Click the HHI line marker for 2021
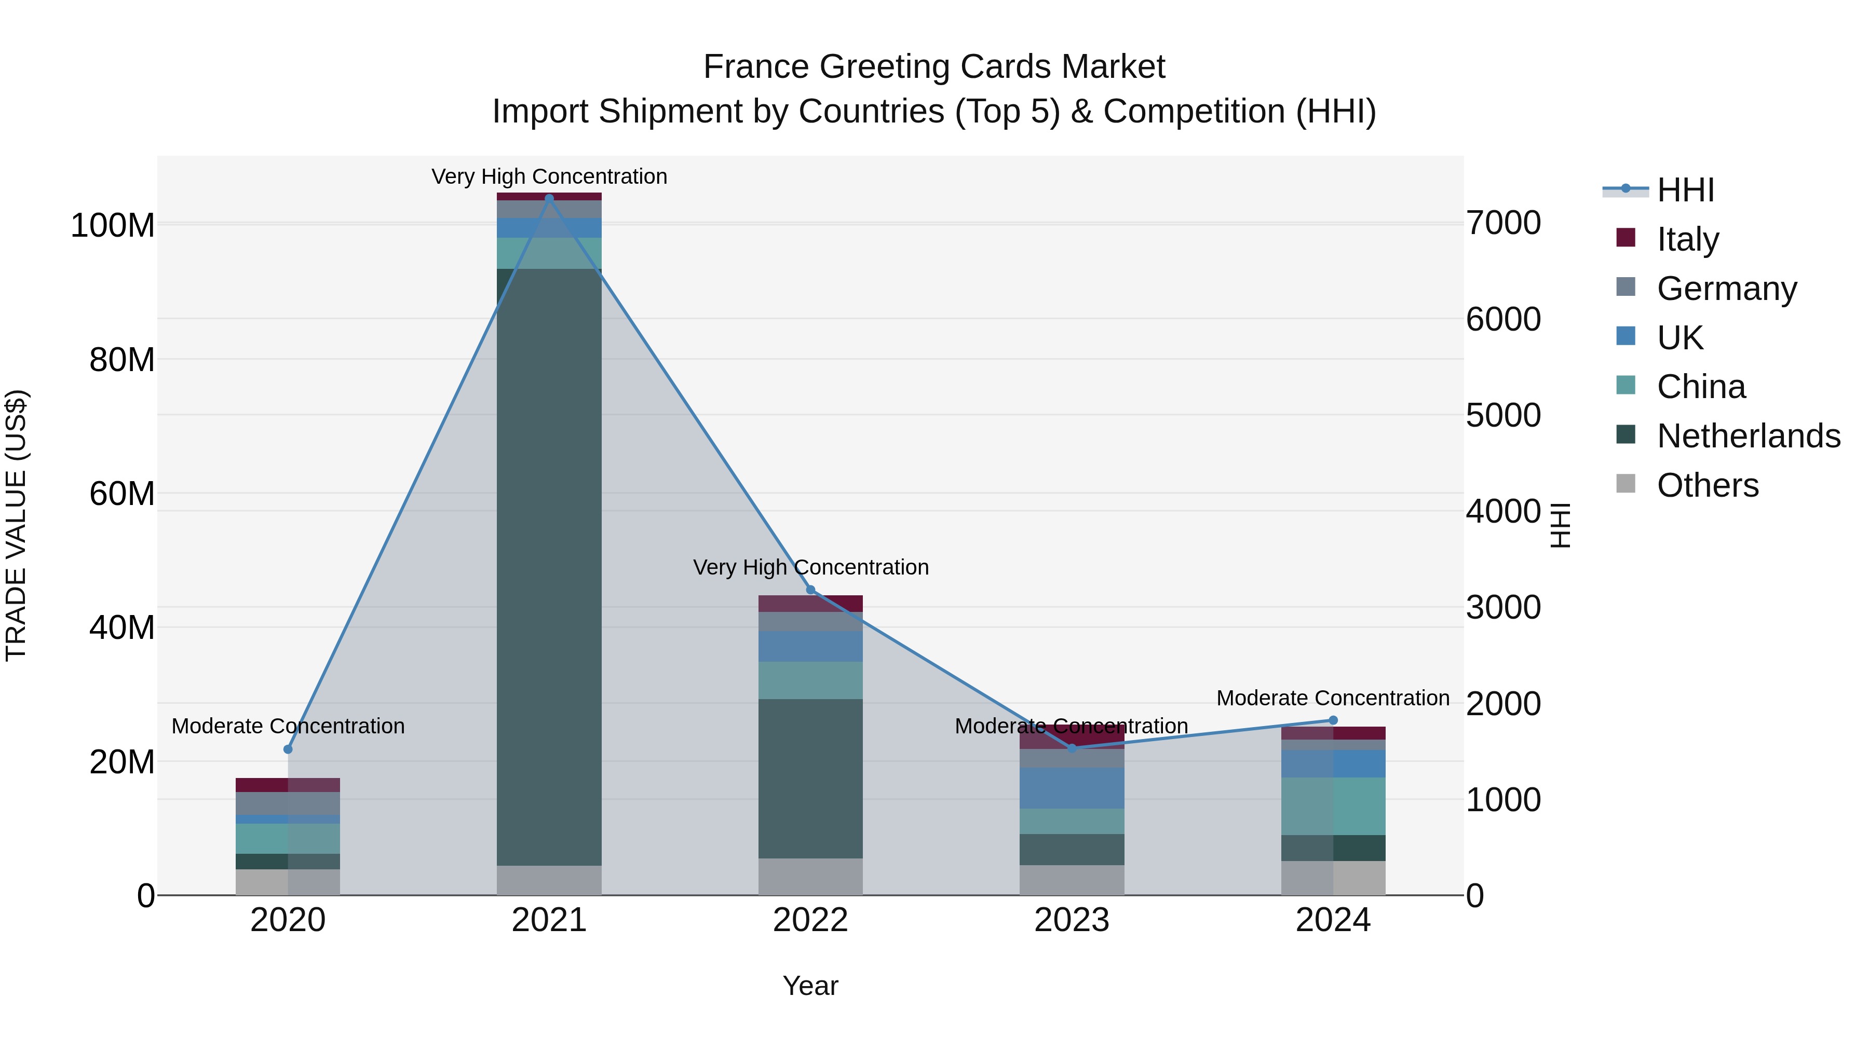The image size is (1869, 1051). click(549, 198)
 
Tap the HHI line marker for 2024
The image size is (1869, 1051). click(1333, 720)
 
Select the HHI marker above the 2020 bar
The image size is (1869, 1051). click(288, 749)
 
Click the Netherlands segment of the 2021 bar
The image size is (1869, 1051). click(549, 566)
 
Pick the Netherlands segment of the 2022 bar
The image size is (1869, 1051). click(810, 779)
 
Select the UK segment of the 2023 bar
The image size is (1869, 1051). click(1072, 788)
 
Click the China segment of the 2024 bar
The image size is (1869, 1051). click(1333, 806)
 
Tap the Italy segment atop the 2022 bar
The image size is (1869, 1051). click(810, 604)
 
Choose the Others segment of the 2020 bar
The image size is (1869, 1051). click(288, 882)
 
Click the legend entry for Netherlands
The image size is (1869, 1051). click(1747, 436)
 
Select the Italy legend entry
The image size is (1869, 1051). click(1688, 239)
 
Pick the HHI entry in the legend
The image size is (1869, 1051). click(1685, 190)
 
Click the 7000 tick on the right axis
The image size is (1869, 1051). click(1504, 223)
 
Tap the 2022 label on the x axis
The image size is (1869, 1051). click(810, 920)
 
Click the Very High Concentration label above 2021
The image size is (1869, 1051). click(549, 176)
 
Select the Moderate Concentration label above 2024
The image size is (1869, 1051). click(1333, 698)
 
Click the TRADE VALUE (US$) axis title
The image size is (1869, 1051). click(16, 525)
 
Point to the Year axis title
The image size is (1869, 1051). click(810, 986)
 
